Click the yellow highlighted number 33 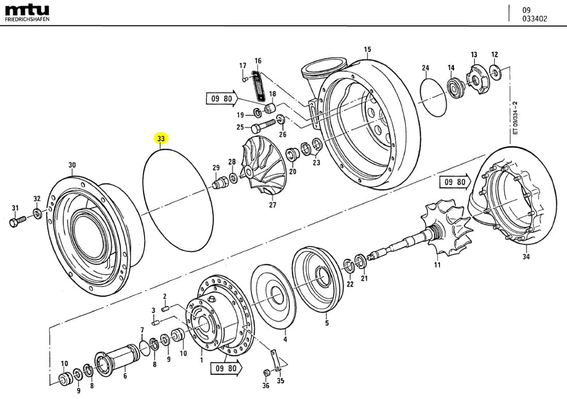pos(161,139)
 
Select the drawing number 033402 pos(534,19)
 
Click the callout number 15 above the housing pos(367,50)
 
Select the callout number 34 pos(526,256)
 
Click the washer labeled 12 pos(497,73)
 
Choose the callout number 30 pos(72,165)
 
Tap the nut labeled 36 pos(267,373)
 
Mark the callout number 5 pos(326,324)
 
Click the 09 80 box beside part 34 pos(453,182)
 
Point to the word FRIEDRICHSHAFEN pos(27,19)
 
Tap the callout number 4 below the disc pos(285,339)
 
